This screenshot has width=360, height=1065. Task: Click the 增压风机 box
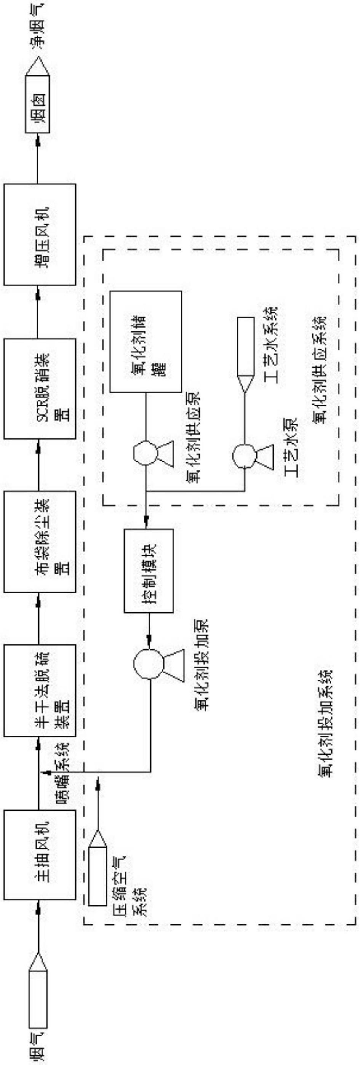click(x=40, y=234)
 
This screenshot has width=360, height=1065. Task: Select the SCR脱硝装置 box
click(x=40, y=388)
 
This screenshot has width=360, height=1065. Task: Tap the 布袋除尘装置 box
click(x=40, y=542)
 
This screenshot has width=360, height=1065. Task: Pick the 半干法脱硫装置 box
click(x=40, y=694)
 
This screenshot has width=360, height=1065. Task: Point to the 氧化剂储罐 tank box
click(x=146, y=342)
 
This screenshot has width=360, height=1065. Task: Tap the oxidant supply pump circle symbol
click(x=146, y=453)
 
